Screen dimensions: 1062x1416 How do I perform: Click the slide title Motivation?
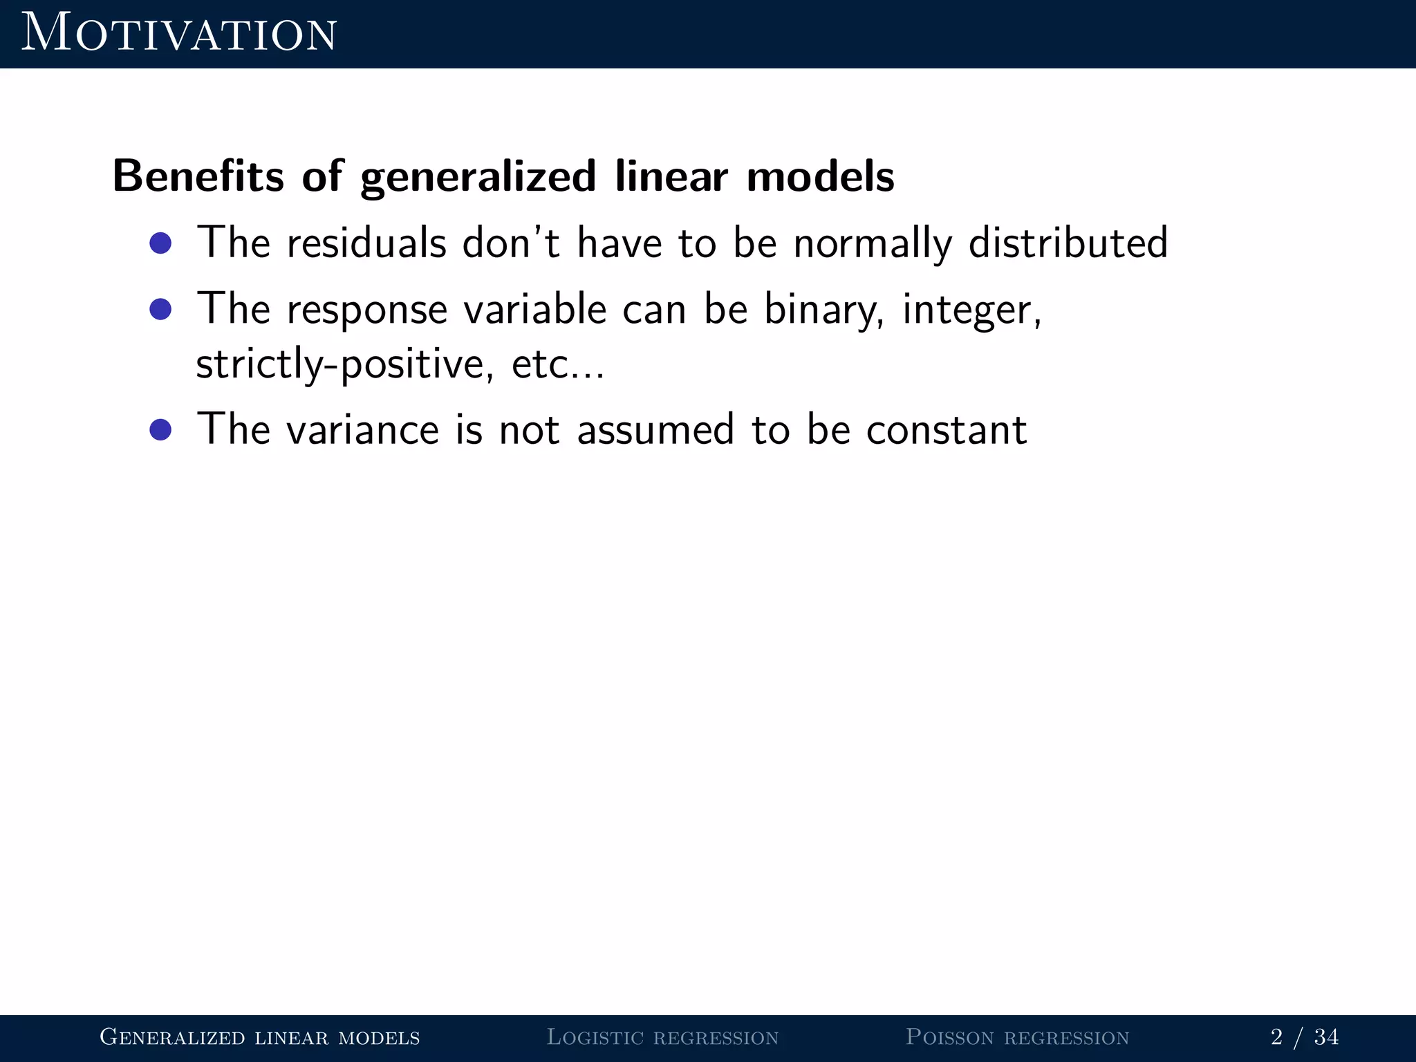(x=178, y=33)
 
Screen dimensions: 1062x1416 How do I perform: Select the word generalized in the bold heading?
(x=478, y=177)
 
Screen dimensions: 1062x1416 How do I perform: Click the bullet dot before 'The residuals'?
(x=160, y=243)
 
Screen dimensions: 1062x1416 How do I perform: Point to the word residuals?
(x=366, y=243)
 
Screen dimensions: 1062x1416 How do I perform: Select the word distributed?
(x=1068, y=243)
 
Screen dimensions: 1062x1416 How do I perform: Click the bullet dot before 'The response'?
(x=160, y=309)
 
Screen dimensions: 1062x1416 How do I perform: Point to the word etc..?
(x=546, y=365)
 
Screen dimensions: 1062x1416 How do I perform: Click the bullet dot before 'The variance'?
(x=160, y=429)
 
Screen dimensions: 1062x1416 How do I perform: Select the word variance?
(x=362, y=430)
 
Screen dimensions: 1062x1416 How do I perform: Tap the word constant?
(x=946, y=430)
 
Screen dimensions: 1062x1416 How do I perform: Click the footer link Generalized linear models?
(x=260, y=1037)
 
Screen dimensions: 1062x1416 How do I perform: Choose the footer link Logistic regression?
(x=662, y=1037)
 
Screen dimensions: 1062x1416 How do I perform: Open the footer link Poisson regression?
(x=1017, y=1037)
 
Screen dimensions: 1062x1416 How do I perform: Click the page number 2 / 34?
(x=1304, y=1037)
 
